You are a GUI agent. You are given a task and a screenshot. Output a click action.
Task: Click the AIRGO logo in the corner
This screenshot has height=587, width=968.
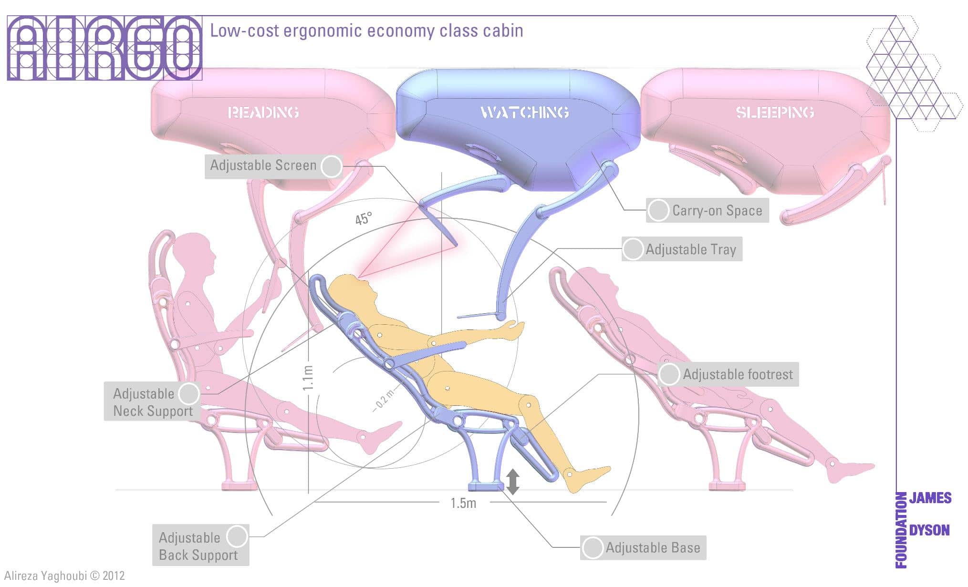(x=104, y=48)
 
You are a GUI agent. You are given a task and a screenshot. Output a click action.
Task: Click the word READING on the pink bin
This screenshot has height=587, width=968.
(x=263, y=113)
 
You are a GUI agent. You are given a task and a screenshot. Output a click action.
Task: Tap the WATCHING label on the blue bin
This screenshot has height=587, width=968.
(x=524, y=112)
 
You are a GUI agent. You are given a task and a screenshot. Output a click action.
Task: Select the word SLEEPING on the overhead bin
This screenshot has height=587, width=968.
(x=774, y=113)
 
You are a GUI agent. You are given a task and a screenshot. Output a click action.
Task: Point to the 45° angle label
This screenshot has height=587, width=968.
(x=363, y=218)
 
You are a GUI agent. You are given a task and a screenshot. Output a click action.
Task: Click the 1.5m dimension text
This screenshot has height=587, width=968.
(x=463, y=503)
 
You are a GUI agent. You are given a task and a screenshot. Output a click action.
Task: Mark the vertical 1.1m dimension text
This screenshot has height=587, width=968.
(x=308, y=378)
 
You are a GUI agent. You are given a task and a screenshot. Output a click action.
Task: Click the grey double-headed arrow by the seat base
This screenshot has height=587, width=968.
(x=512, y=482)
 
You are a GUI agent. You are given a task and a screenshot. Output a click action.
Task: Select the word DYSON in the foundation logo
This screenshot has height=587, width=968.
(x=929, y=530)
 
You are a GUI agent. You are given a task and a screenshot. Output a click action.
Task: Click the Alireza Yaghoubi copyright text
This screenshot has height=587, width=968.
(x=64, y=576)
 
